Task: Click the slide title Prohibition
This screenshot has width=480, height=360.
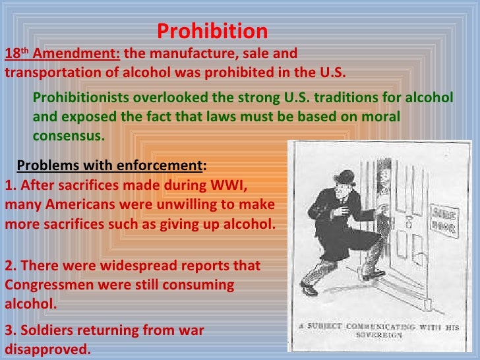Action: [x=212, y=31]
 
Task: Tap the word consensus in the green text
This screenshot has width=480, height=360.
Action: [x=69, y=136]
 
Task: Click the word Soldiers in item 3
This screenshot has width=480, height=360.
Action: [x=45, y=330]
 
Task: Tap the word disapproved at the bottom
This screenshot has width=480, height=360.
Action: [x=47, y=349]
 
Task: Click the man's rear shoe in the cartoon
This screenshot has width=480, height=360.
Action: [x=309, y=288]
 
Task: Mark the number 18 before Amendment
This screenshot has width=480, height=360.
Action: [x=12, y=54]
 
